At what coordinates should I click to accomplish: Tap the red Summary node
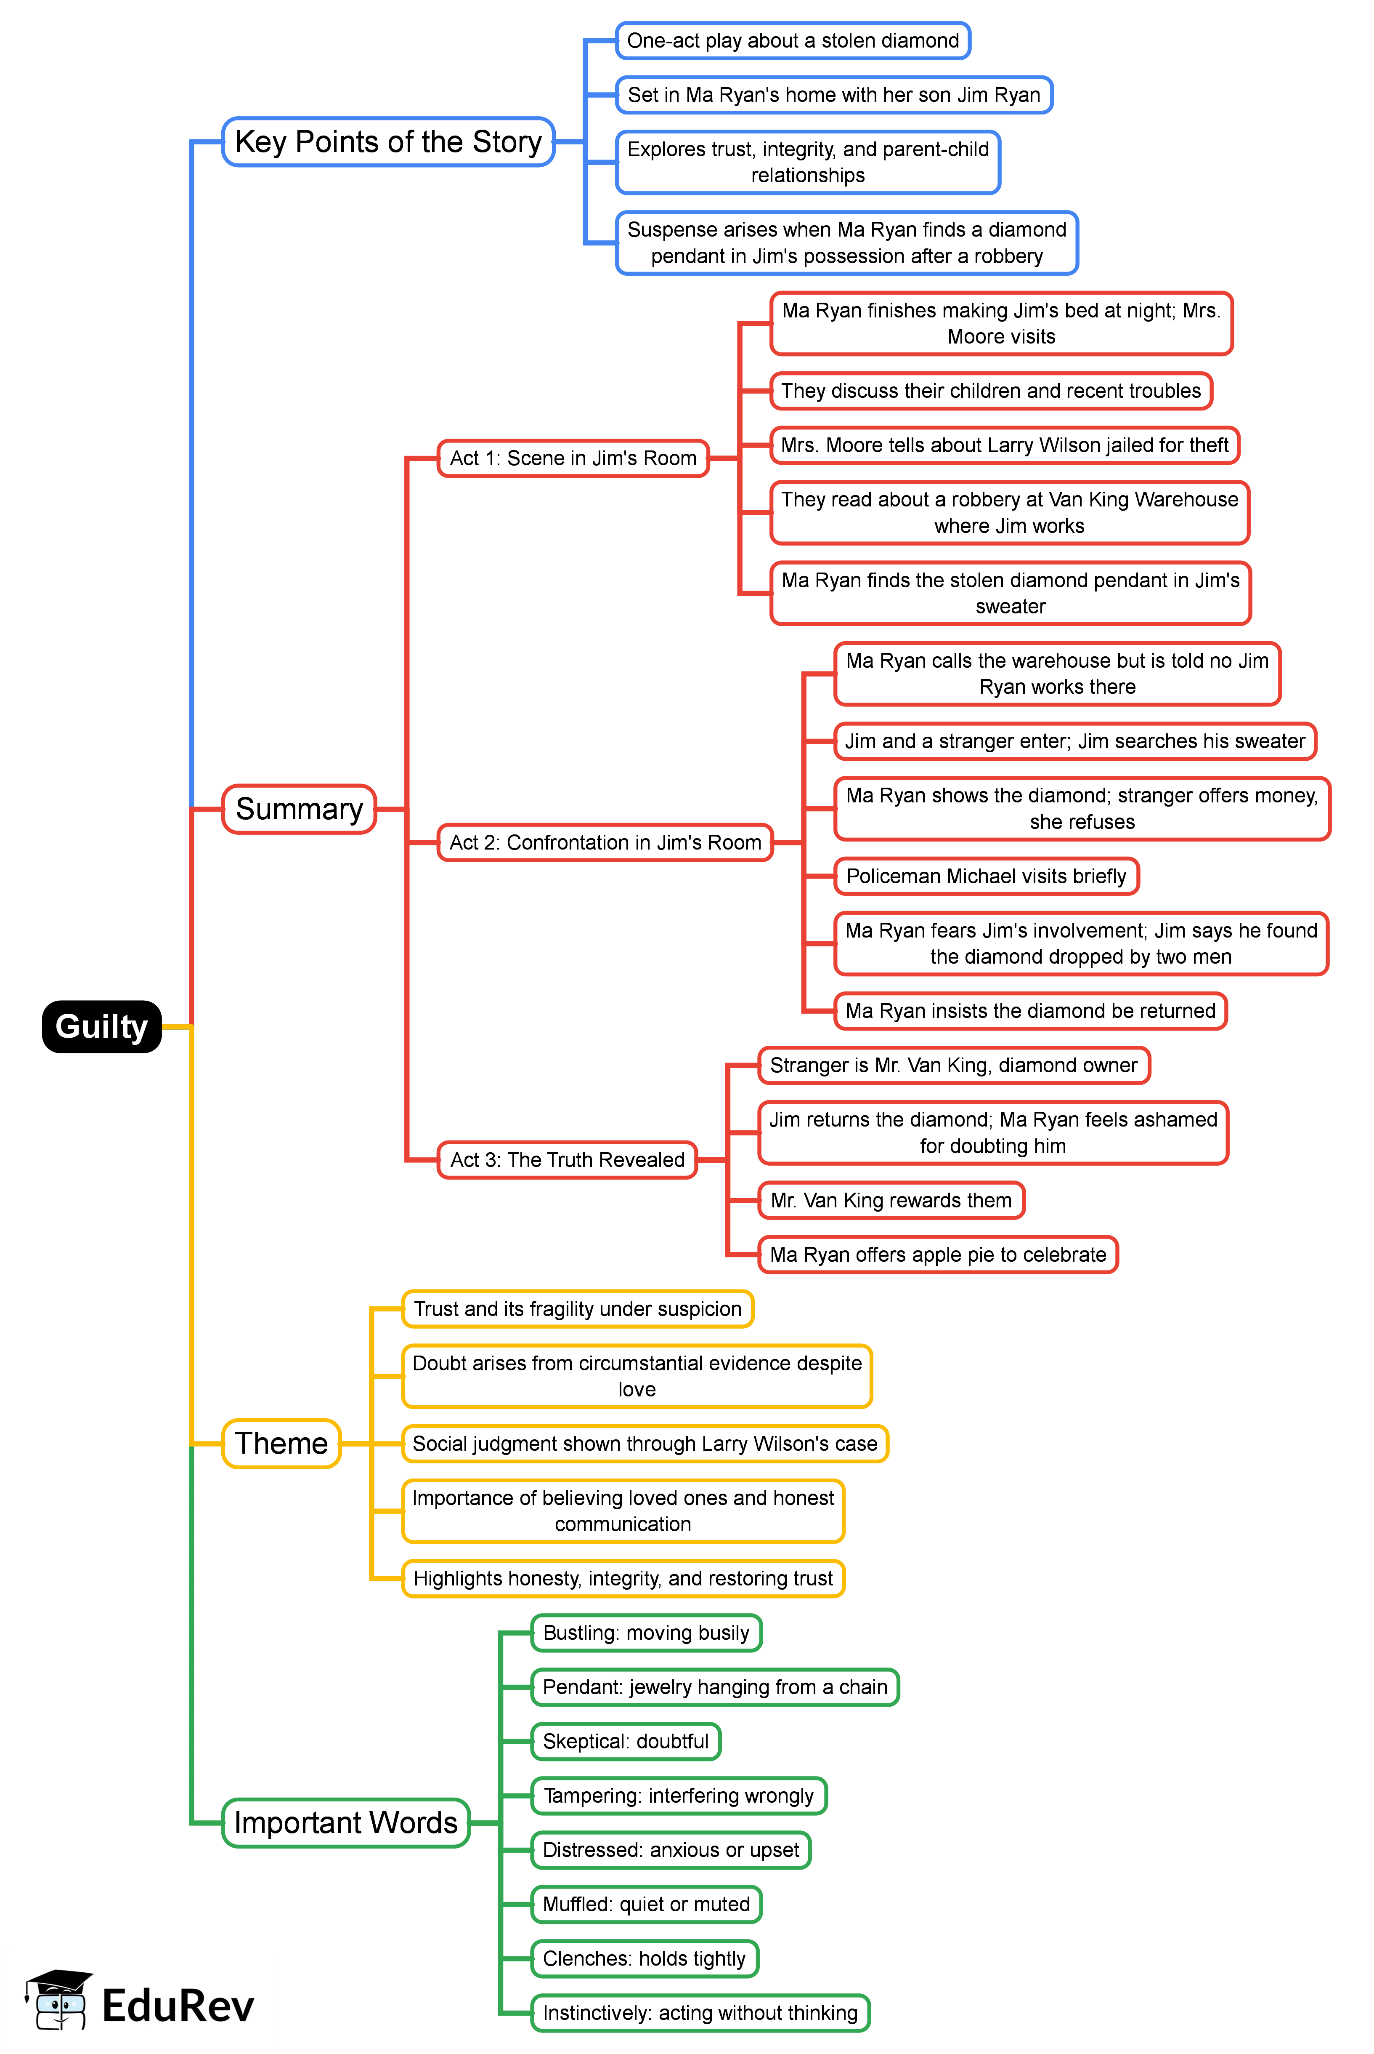pyautogui.click(x=299, y=808)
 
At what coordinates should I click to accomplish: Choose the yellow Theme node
pyautogui.click(x=281, y=1443)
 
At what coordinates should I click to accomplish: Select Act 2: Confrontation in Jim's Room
pyautogui.click(x=605, y=842)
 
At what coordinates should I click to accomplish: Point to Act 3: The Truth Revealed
pyautogui.click(x=567, y=1160)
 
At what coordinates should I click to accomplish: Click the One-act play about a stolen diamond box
pyautogui.click(x=793, y=40)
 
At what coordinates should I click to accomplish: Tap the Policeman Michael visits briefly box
pyautogui.click(x=986, y=876)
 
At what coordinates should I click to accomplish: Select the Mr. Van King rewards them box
pyautogui.click(x=891, y=1200)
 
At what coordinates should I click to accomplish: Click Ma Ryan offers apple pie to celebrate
pyautogui.click(x=938, y=1255)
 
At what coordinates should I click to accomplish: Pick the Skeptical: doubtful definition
pyautogui.click(x=626, y=1741)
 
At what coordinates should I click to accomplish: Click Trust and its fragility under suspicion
pyautogui.click(x=578, y=1309)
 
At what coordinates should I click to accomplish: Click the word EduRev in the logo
pyautogui.click(x=178, y=2006)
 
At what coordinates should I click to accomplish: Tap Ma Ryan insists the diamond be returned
pyautogui.click(x=1031, y=1011)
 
